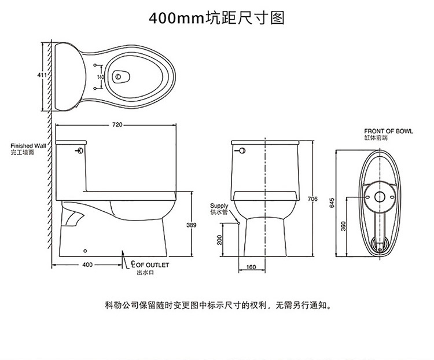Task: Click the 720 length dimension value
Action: (x=117, y=124)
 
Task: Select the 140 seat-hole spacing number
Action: (x=101, y=77)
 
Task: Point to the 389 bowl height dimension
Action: (x=192, y=225)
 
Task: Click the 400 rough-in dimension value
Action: (x=87, y=265)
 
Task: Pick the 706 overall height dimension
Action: (x=312, y=199)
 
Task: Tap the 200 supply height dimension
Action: (x=219, y=240)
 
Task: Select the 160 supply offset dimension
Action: (x=251, y=267)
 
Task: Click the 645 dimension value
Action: (x=332, y=203)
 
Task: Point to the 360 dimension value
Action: (x=344, y=226)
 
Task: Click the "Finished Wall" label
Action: (x=28, y=146)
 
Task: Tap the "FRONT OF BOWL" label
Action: (x=388, y=131)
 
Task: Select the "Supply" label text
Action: (x=219, y=206)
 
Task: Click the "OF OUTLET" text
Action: (x=152, y=265)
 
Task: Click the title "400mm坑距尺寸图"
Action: (x=217, y=18)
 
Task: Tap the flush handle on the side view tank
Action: (x=80, y=150)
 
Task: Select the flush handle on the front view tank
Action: (x=241, y=150)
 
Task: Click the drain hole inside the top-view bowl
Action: (x=119, y=76)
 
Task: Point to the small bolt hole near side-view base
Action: (x=85, y=251)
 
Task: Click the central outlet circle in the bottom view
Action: (x=380, y=197)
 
